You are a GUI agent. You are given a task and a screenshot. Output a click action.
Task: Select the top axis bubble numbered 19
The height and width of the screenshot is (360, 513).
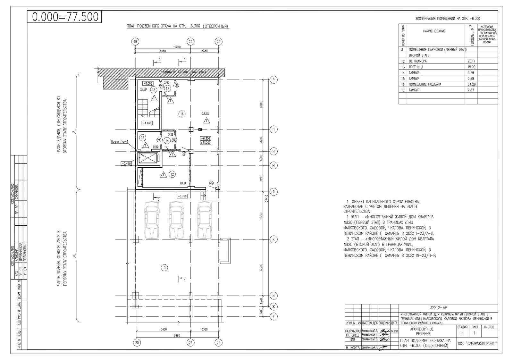(135, 41)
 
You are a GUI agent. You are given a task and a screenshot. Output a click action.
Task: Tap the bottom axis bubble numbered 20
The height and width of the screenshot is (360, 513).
(137, 342)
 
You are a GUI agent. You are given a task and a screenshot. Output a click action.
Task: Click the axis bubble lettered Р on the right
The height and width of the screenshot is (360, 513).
(273, 80)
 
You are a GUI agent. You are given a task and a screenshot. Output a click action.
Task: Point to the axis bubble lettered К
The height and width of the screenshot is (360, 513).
(273, 239)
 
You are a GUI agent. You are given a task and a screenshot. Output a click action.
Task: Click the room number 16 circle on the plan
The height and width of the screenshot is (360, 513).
(181, 114)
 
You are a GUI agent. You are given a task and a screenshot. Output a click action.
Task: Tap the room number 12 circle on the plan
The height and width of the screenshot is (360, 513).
(172, 174)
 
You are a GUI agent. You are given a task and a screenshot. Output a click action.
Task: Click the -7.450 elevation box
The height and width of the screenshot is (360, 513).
(126, 163)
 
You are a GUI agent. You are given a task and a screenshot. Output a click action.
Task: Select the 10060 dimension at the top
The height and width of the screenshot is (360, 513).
(177, 47)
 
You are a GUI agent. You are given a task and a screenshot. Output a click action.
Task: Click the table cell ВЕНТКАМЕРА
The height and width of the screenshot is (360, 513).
(417, 61)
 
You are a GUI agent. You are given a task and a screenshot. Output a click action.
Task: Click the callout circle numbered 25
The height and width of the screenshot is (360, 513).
(211, 183)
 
